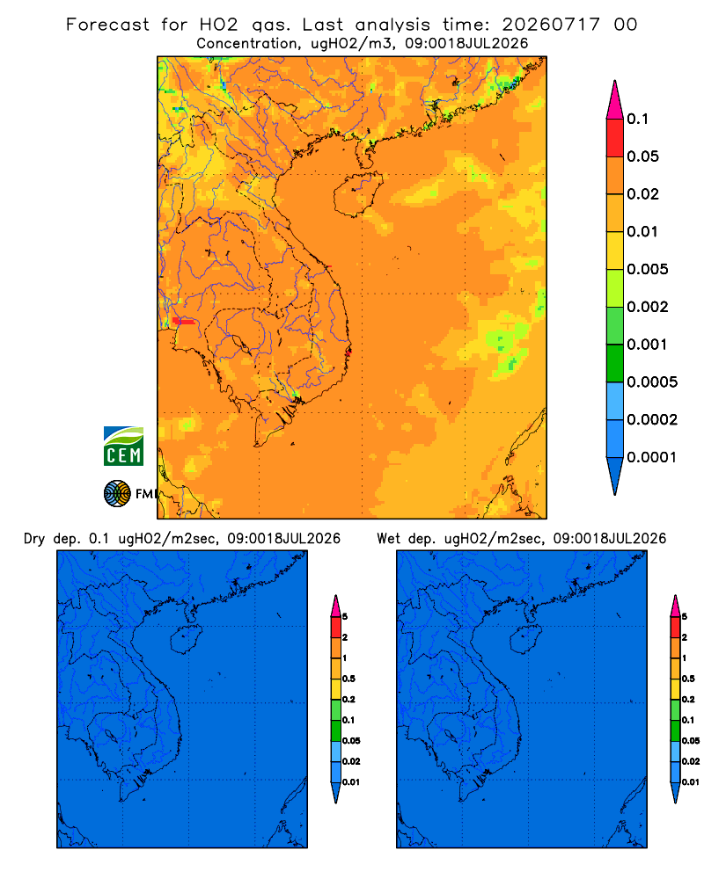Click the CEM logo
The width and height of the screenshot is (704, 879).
click(123, 446)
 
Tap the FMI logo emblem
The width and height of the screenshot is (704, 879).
click(117, 493)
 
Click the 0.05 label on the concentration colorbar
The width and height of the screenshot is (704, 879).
click(642, 156)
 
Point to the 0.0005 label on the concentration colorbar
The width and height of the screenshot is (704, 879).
click(652, 382)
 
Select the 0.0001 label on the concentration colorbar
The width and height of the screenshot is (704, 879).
click(651, 457)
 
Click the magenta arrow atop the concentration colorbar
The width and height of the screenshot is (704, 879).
click(615, 99)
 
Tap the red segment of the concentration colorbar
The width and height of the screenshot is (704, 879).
click(615, 138)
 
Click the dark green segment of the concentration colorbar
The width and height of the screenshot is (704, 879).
click(615, 363)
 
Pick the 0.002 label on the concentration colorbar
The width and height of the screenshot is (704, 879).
click(648, 307)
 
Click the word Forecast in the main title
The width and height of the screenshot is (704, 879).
click(107, 25)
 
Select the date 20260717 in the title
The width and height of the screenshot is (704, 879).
click(551, 25)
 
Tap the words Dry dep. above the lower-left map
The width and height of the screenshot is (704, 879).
click(51, 539)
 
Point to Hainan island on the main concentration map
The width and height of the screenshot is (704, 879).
click(357, 194)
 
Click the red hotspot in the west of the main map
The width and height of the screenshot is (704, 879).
click(184, 321)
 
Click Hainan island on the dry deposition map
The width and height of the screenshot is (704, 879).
click(186, 640)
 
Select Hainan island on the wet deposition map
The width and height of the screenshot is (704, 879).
click(526, 640)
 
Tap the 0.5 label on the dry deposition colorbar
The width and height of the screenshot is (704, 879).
click(348, 679)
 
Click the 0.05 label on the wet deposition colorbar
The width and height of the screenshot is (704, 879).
click(691, 741)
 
